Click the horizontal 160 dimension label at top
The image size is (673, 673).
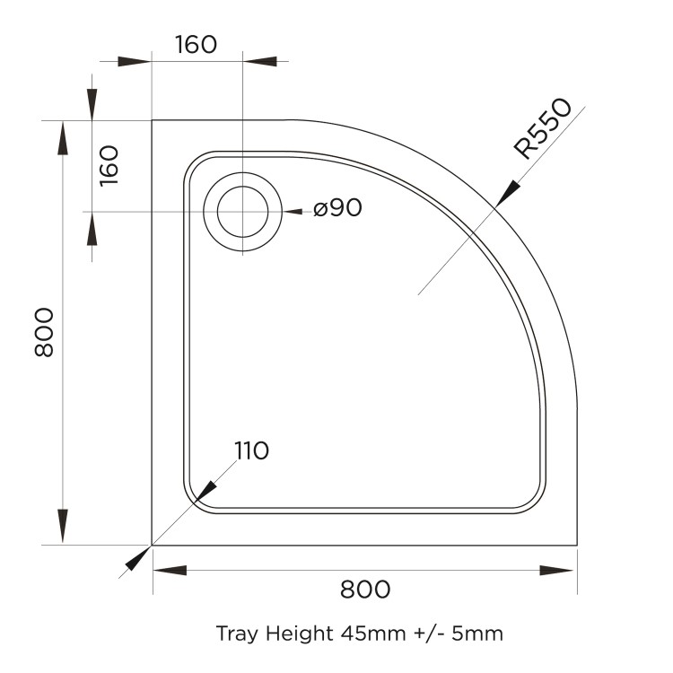coord(196,44)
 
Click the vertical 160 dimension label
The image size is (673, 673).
coord(109,165)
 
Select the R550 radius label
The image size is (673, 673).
coord(542,128)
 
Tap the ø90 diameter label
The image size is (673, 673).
coord(337,209)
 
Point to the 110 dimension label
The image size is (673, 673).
coord(251,450)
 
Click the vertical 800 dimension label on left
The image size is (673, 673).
coord(44,332)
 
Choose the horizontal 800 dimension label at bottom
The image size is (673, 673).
coord(365,589)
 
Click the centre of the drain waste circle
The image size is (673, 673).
coord(240,212)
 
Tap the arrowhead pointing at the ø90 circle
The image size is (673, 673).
coord(293,212)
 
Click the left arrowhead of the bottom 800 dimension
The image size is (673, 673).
coord(169,570)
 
